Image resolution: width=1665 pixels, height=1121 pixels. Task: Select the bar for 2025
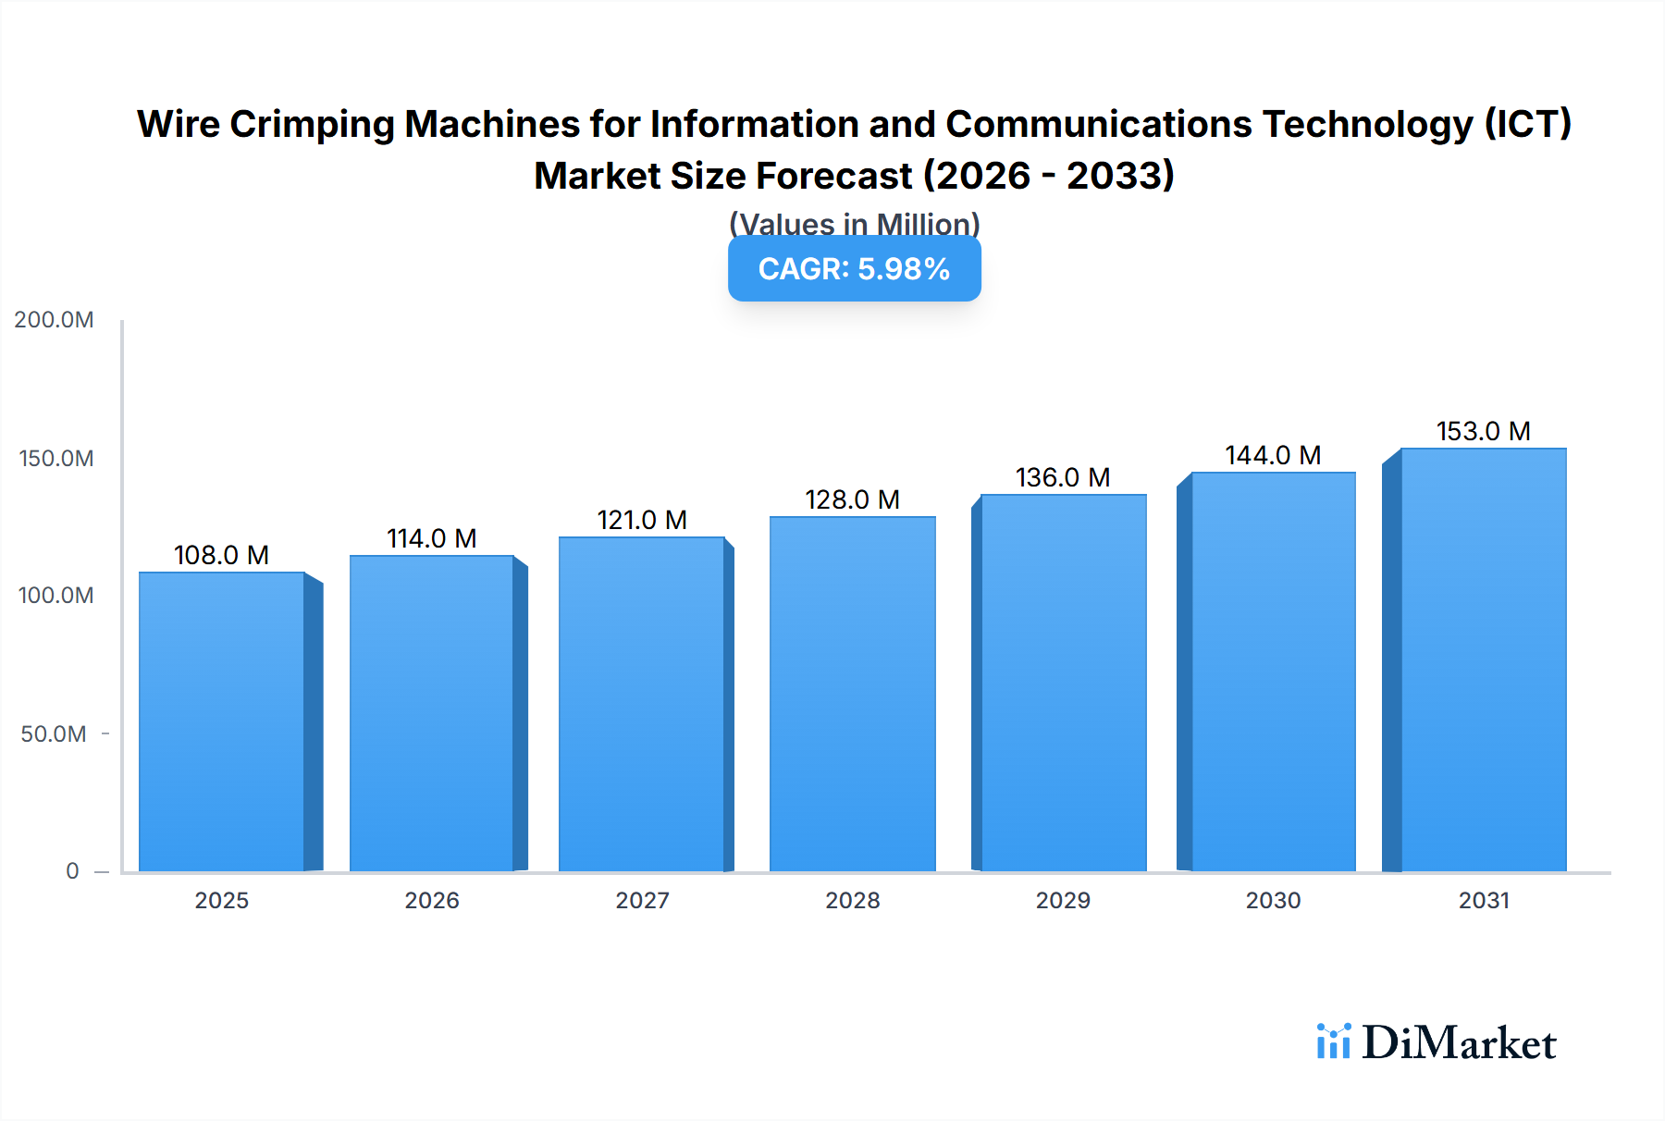[x=222, y=721]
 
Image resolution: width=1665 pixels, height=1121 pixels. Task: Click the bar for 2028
[x=852, y=694]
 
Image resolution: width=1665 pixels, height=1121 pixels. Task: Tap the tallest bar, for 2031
[x=1483, y=659]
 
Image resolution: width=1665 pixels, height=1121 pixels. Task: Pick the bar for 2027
[x=642, y=704]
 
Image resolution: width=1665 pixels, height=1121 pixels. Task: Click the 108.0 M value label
[x=221, y=555]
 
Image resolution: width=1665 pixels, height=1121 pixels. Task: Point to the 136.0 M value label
[x=1063, y=477]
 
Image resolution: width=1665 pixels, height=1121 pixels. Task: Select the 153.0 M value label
[x=1483, y=431]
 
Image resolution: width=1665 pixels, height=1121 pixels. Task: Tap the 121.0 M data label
[x=642, y=520]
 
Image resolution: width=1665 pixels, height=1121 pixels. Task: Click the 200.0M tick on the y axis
[x=54, y=320]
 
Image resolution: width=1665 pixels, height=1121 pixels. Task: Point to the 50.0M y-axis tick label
[x=54, y=734]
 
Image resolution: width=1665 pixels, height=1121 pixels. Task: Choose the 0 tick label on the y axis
[x=72, y=871]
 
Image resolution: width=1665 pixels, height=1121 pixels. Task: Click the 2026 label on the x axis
[x=432, y=900]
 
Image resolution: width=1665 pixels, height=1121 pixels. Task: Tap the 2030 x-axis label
[x=1273, y=900]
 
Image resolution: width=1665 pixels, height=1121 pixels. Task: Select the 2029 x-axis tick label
[x=1063, y=900]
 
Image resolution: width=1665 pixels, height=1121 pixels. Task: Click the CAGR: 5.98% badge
[x=854, y=269]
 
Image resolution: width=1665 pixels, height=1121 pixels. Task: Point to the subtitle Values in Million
[x=854, y=224]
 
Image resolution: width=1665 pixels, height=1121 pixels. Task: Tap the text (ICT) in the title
[x=1528, y=124]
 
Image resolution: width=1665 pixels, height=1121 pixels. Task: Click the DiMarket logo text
[x=1459, y=1043]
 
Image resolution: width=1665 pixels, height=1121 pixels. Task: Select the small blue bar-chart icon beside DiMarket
[x=1333, y=1041]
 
